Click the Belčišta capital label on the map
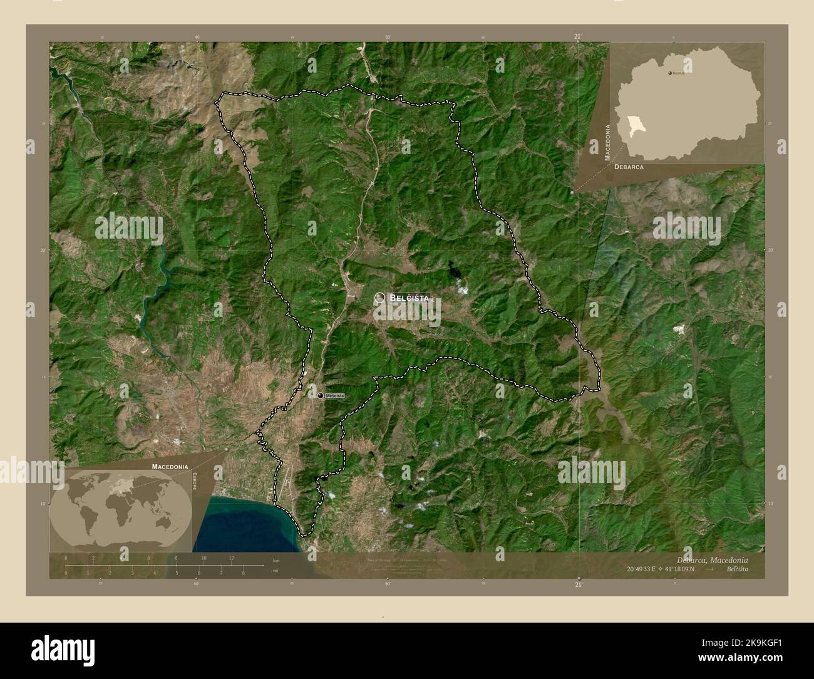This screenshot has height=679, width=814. point(409,298)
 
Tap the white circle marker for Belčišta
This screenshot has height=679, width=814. point(380,298)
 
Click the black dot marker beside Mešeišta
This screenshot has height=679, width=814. point(321,396)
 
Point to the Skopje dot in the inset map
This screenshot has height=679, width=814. point(670,73)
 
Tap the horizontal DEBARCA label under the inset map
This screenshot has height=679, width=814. point(629,168)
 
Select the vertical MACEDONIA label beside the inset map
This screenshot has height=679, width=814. point(607,143)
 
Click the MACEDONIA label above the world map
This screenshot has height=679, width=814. point(169,467)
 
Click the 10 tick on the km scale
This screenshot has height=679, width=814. point(203,557)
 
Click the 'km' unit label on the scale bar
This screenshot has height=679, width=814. point(276,559)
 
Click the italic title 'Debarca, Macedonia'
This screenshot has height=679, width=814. point(711,559)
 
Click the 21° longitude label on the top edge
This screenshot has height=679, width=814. point(577,37)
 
